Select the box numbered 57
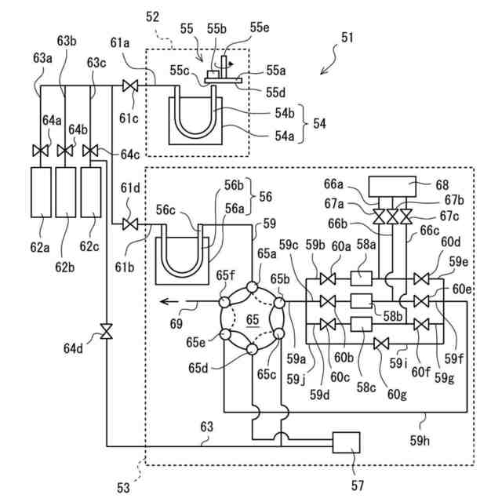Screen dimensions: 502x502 (345, 442)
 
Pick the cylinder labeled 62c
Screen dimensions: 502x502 (93, 191)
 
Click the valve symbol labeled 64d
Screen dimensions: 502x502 (105, 335)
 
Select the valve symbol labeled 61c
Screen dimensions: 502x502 (132, 85)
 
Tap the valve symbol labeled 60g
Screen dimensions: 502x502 (380, 343)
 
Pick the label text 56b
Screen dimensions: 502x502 (233, 187)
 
